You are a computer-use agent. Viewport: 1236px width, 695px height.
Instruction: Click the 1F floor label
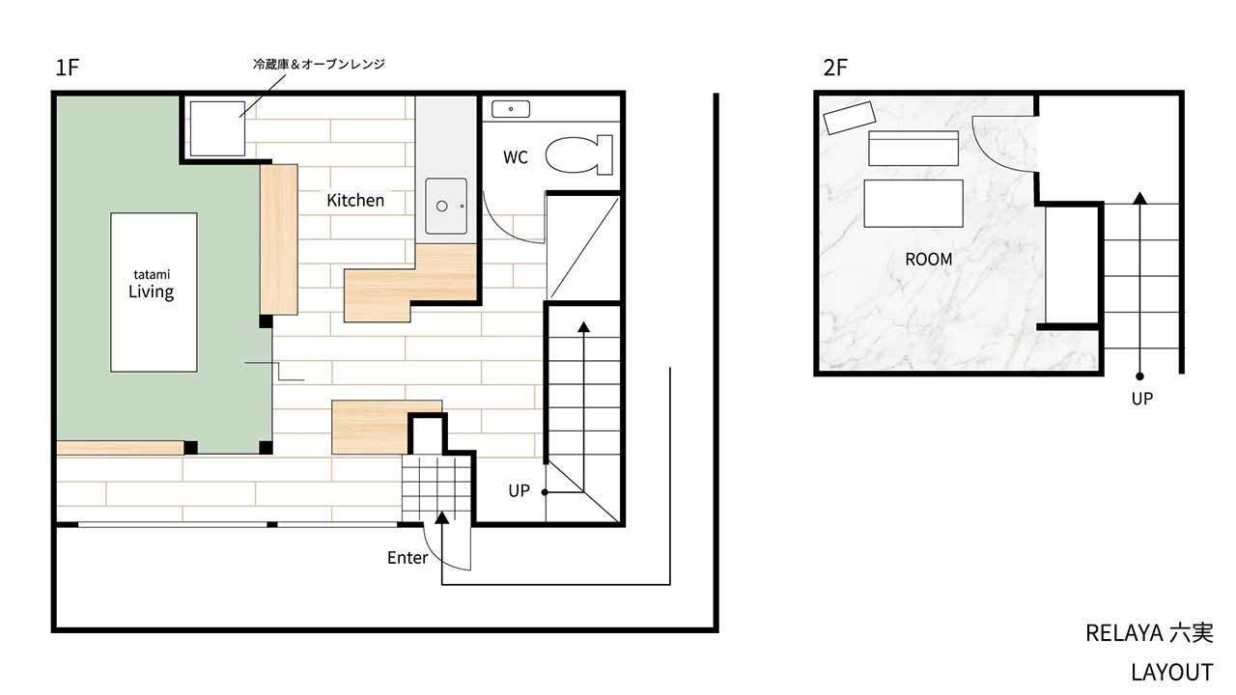pyautogui.click(x=68, y=68)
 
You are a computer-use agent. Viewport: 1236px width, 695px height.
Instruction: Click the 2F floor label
pyautogui.click(x=835, y=68)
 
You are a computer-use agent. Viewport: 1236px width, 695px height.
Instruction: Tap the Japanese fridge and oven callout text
pyautogui.click(x=319, y=64)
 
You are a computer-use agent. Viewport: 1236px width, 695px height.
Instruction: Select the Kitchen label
pyautogui.click(x=355, y=200)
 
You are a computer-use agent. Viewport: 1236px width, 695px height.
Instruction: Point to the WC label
pyautogui.click(x=516, y=157)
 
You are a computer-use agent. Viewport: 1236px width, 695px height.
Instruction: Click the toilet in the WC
pyautogui.click(x=578, y=155)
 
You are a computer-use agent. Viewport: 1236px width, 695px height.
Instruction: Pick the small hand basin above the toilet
pyautogui.click(x=511, y=109)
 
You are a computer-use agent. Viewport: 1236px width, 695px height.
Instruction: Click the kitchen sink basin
pyautogui.click(x=446, y=206)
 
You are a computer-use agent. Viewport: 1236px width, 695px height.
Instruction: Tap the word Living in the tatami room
pyautogui.click(x=152, y=292)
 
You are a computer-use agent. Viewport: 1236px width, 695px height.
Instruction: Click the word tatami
pyautogui.click(x=152, y=274)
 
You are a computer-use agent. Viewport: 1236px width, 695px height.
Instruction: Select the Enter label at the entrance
pyautogui.click(x=407, y=558)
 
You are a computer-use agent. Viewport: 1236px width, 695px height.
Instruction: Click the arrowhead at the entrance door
pyautogui.click(x=442, y=517)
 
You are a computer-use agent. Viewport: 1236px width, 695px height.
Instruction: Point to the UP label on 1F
pyautogui.click(x=519, y=491)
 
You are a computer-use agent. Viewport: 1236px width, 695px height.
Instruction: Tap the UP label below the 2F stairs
pyautogui.click(x=1141, y=399)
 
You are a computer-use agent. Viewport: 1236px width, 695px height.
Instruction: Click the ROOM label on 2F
pyautogui.click(x=929, y=260)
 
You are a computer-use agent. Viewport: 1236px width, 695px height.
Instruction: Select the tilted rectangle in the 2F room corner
pyautogui.click(x=850, y=118)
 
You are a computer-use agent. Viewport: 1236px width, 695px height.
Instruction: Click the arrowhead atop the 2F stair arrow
pyautogui.click(x=1140, y=198)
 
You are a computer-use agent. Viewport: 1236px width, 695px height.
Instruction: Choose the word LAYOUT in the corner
pyautogui.click(x=1171, y=673)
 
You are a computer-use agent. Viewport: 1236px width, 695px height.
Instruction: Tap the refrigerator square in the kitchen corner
pyautogui.click(x=217, y=128)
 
